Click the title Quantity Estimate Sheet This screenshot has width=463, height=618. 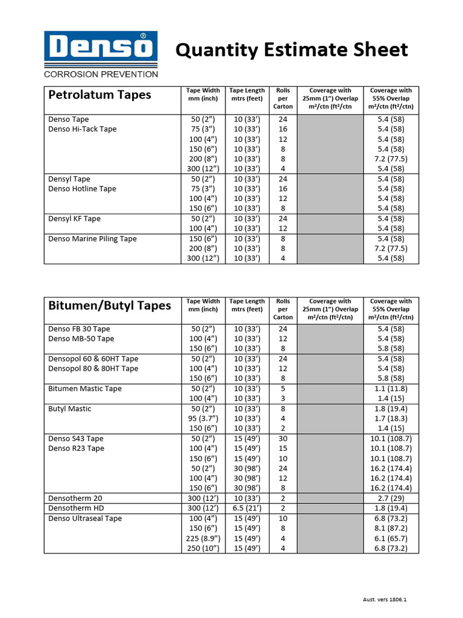pyautogui.click(x=292, y=49)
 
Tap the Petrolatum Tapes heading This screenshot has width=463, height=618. pyautogui.click(x=99, y=95)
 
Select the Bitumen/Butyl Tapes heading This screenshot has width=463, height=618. pyautogui.click(x=109, y=305)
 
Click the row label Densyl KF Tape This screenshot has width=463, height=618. pyautogui.click(x=74, y=218)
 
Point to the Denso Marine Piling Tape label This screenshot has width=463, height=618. pyautogui.click(x=92, y=238)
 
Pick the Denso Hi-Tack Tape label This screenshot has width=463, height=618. pyautogui.click(x=82, y=129)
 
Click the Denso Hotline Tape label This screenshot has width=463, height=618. pyautogui.click(x=82, y=189)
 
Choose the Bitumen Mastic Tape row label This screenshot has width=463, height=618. pyautogui.click(x=84, y=389)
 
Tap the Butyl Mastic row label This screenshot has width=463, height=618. pyautogui.click(x=70, y=409)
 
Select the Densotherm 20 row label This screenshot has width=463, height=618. pyautogui.click(x=75, y=499)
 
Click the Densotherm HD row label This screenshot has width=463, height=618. pyautogui.click(x=76, y=508)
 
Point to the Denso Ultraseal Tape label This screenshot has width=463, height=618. pyautogui.click(x=85, y=518)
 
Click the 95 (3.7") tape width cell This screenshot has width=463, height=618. pyautogui.click(x=204, y=418)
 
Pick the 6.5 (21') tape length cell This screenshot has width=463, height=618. pyautogui.click(x=247, y=508)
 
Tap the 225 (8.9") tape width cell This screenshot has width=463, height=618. pyautogui.click(x=204, y=538)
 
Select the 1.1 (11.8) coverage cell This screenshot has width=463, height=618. pyautogui.click(x=391, y=389)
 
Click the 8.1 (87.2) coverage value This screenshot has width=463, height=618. pyautogui.click(x=391, y=528)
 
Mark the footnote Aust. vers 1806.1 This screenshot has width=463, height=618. pyautogui.click(x=388, y=600)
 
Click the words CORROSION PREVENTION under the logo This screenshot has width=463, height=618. pyautogui.click(x=101, y=75)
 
